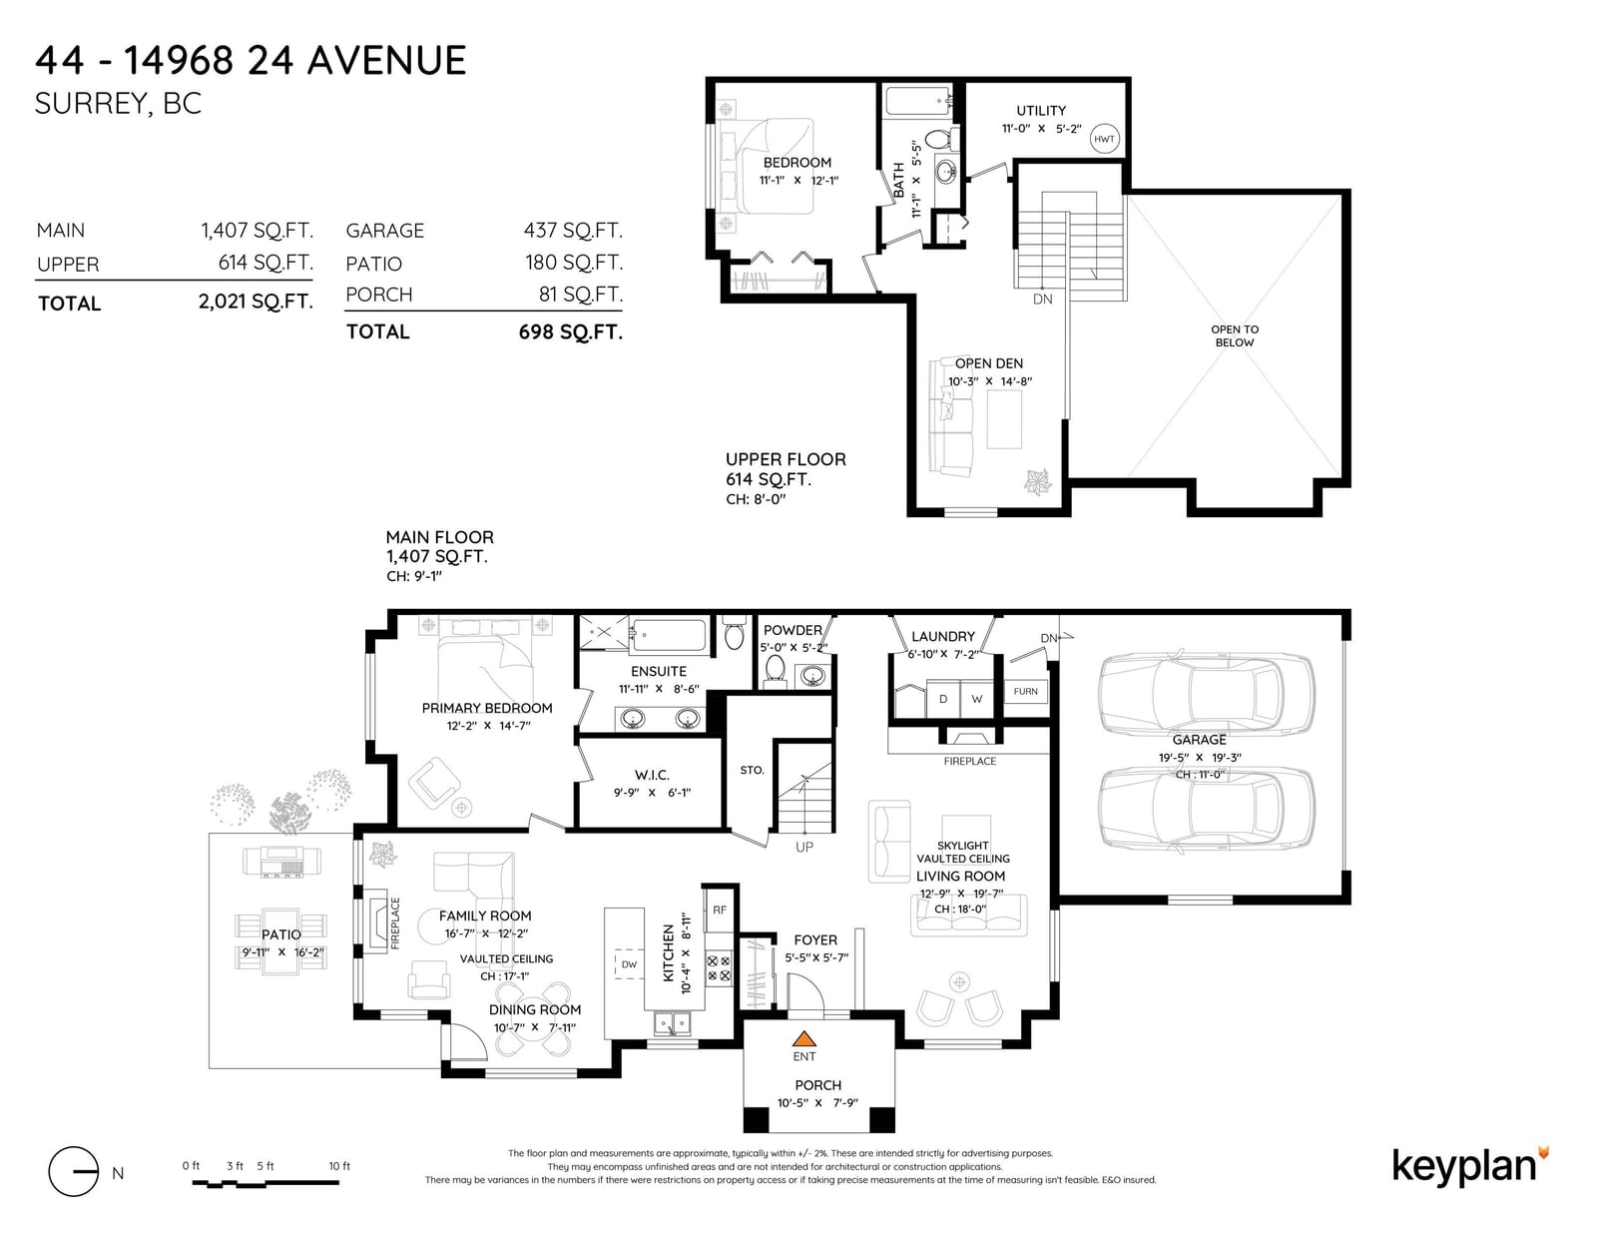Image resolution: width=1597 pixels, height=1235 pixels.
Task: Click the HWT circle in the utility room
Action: click(x=1104, y=138)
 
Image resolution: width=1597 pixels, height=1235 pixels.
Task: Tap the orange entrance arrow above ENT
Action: click(x=804, y=1038)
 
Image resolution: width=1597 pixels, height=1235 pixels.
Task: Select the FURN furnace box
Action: click(x=1025, y=692)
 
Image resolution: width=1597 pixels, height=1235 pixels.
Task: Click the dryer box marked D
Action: click(x=943, y=699)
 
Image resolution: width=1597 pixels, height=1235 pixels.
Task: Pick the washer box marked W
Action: click(x=977, y=699)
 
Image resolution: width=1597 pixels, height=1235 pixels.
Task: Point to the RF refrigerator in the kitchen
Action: click(x=720, y=911)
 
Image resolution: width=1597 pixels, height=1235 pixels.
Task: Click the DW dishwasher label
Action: click(x=629, y=964)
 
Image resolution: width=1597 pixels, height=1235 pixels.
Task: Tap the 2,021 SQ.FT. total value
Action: click(x=256, y=302)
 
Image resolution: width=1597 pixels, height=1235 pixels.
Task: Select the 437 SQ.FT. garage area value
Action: click(x=573, y=230)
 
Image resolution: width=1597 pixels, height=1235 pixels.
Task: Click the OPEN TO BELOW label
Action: click(x=1235, y=335)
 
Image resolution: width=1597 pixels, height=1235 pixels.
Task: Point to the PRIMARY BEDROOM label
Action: click(x=486, y=708)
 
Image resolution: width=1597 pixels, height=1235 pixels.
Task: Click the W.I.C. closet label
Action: click(x=652, y=775)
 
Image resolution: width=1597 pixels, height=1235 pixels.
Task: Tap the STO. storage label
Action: click(x=752, y=770)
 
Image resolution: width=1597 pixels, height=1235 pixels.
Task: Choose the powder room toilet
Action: click(x=775, y=671)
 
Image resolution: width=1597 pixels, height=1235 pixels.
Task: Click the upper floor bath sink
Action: click(x=946, y=172)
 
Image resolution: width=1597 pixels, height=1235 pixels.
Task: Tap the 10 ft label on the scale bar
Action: click(x=339, y=1166)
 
